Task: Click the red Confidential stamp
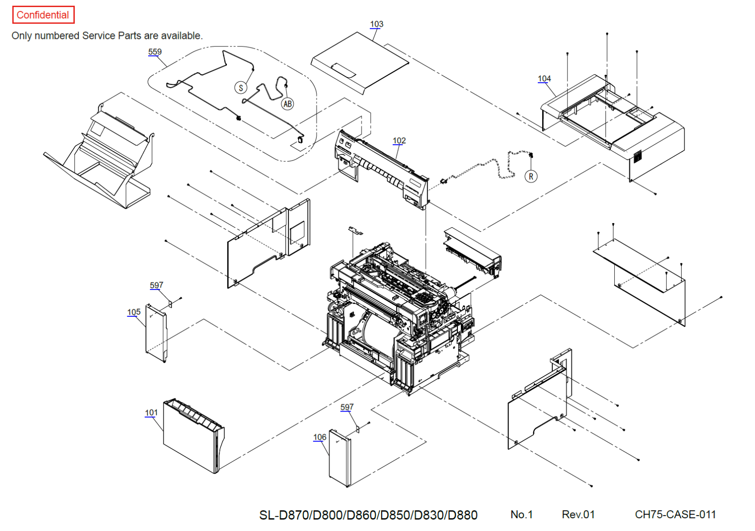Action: coord(43,15)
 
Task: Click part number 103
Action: coord(376,24)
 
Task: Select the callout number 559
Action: coord(155,52)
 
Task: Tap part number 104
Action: coord(544,79)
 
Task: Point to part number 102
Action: coord(399,141)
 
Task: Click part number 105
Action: coord(134,312)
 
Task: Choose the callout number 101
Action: coord(151,413)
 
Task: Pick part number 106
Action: coord(320,438)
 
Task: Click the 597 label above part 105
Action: coord(157,285)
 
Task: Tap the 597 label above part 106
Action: coord(347,407)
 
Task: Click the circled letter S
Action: coord(241,88)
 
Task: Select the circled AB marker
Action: coord(287,104)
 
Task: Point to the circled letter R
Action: coord(531,177)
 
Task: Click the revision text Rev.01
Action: coord(578,515)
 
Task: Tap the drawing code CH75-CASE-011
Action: coord(675,515)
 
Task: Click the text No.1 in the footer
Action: coord(521,515)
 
